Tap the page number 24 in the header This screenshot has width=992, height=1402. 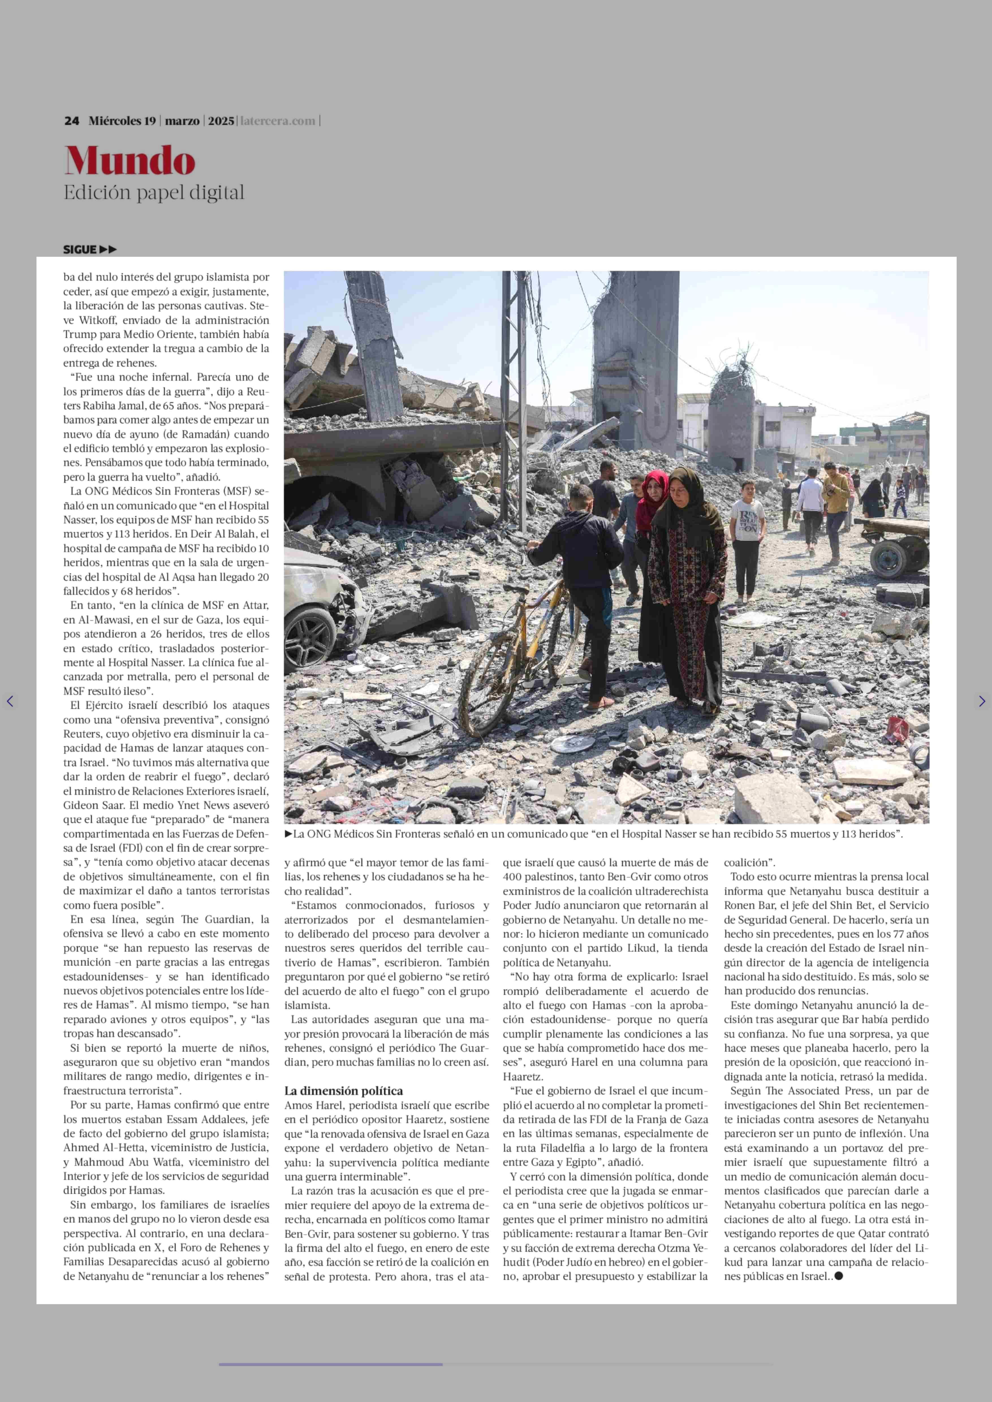click(72, 121)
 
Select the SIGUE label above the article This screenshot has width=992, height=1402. click(80, 249)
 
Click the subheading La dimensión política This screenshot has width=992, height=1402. click(343, 1090)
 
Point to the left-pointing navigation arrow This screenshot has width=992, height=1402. click(10, 701)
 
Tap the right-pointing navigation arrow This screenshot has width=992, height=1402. click(982, 701)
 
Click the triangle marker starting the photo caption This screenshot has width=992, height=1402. click(288, 834)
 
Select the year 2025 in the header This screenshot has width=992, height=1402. click(221, 121)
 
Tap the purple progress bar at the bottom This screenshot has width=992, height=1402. click(331, 1364)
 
